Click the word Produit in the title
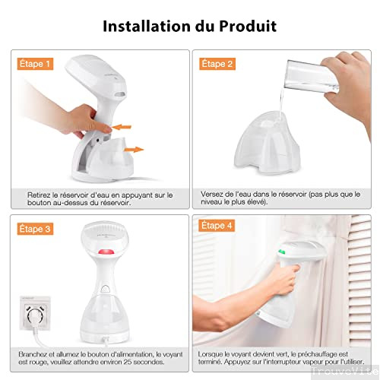[x=244, y=27]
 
